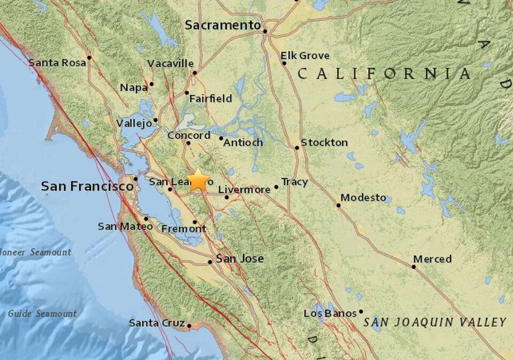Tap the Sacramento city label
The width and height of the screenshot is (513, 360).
click(x=223, y=25)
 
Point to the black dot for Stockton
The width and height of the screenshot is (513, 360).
click(x=297, y=147)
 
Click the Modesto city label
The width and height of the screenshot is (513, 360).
click(x=363, y=198)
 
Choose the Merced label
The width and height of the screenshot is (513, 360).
click(x=433, y=259)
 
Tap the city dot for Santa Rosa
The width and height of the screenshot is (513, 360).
click(x=89, y=57)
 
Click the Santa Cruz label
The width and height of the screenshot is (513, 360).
click(x=157, y=323)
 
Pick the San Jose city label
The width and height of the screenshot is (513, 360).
click(x=240, y=259)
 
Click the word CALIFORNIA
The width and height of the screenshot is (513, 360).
click(x=384, y=74)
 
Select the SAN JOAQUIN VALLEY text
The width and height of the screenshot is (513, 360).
click(x=434, y=322)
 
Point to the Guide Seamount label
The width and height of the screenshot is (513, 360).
click(x=42, y=314)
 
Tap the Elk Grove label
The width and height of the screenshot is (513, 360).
click(x=305, y=56)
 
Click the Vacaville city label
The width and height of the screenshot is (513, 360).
click(x=170, y=63)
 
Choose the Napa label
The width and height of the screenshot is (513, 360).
click(x=133, y=88)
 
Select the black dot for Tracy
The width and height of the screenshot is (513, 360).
click(x=276, y=187)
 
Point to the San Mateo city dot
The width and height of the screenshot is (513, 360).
click(x=146, y=218)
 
